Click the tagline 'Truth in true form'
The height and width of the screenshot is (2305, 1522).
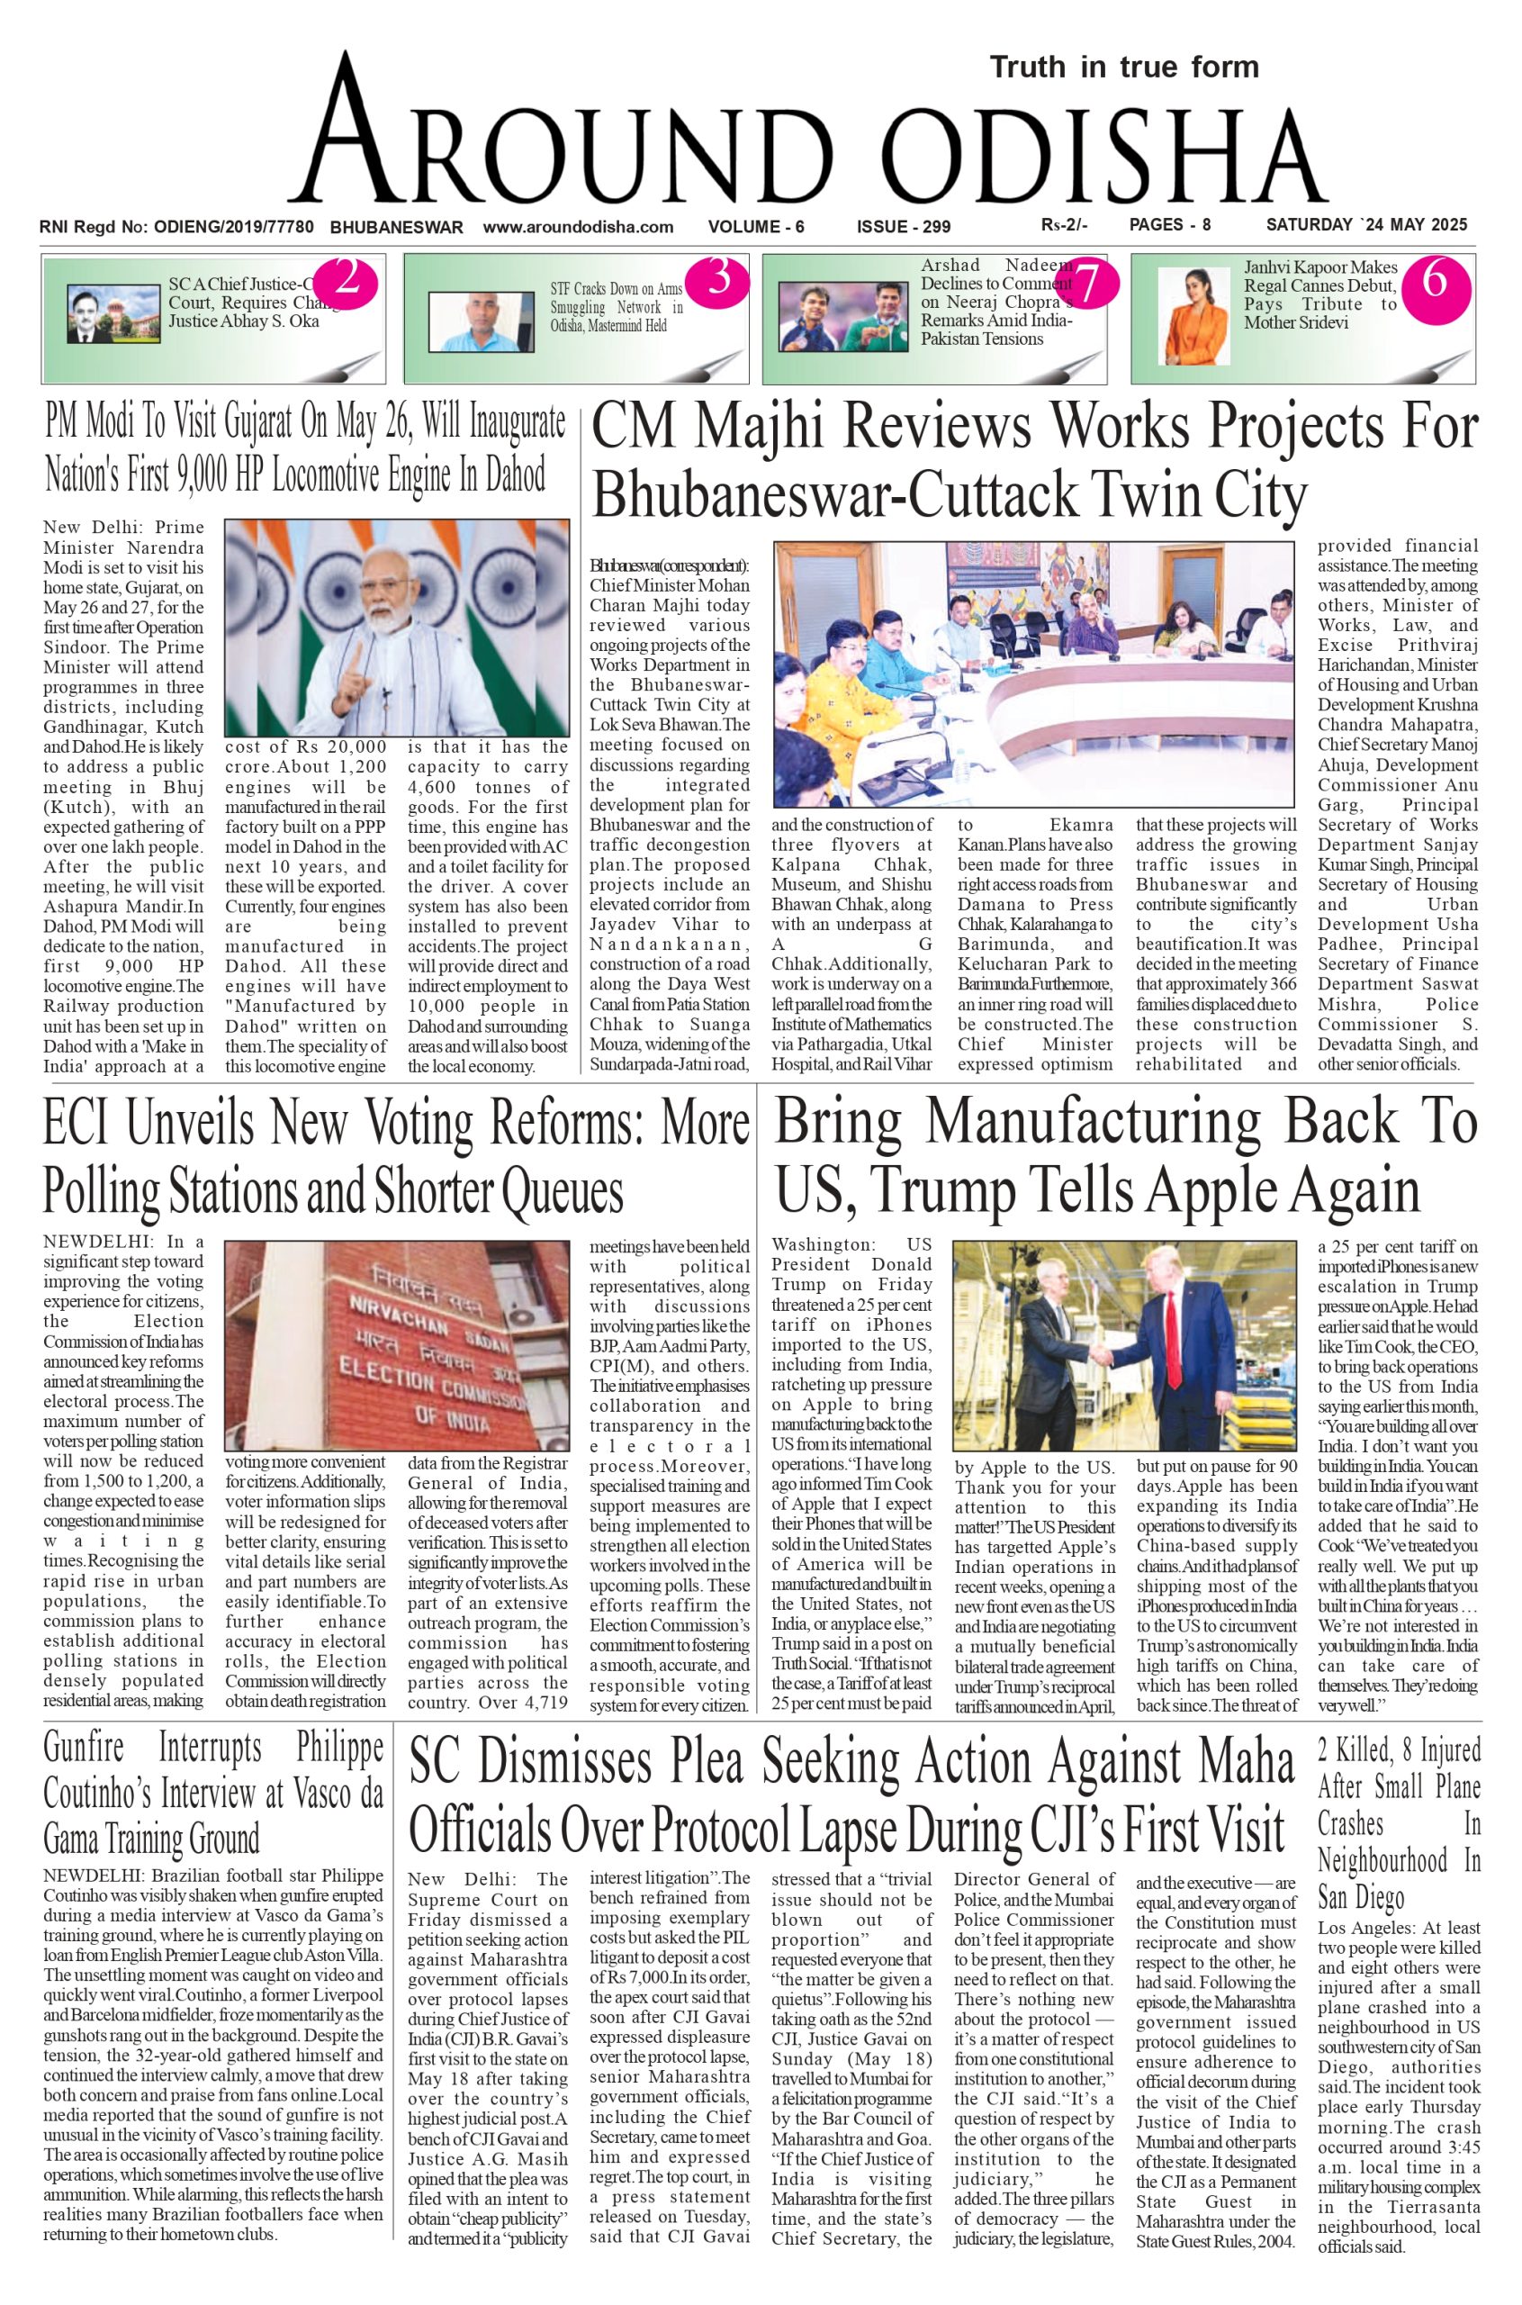pyautogui.click(x=1124, y=67)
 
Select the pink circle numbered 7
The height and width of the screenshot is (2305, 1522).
pyautogui.click(x=1088, y=283)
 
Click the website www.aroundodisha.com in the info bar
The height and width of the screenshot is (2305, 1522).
pyautogui.click(x=578, y=227)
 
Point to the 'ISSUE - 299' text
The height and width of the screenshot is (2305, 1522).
pyautogui.click(x=903, y=227)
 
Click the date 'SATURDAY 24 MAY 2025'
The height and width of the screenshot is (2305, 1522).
pyautogui.click(x=1365, y=225)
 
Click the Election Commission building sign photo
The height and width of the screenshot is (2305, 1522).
pyautogui.click(x=396, y=1346)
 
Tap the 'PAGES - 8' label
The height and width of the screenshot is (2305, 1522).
pyautogui.click(x=1170, y=225)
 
